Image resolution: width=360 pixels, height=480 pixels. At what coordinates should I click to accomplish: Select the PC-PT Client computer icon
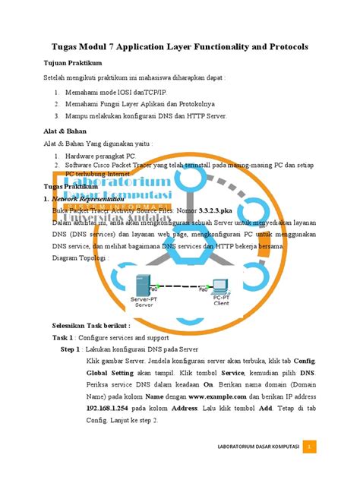click(x=221, y=287)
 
